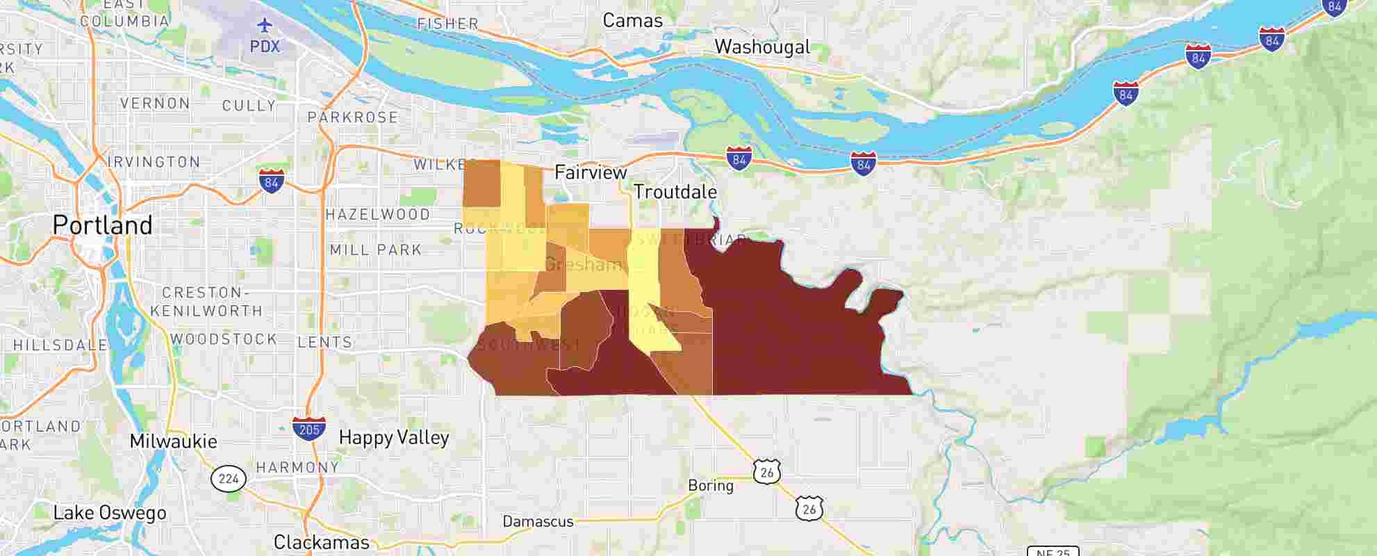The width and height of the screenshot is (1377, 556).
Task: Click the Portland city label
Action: [x=102, y=225]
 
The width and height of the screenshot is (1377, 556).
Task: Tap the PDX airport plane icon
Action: [x=265, y=26]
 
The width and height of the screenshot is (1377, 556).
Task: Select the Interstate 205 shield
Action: [x=308, y=428]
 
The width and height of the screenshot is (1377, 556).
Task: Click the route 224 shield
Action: [x=229, y=478]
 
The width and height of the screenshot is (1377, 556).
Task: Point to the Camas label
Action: [x=632, y=21]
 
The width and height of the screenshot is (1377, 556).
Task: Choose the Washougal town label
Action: [x=762, y=47]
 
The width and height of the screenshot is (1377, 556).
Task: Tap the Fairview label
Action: [x=591, y=172]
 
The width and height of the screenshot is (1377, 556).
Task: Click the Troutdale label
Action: [x=675, y=192]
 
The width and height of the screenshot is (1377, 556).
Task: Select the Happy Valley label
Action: [x=393, y=437]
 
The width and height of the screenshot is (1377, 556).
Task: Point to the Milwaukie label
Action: [x=173, y=441]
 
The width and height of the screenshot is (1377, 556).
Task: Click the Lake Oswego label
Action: [x=110, y=513]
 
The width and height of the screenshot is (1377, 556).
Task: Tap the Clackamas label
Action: [x=321, y=542]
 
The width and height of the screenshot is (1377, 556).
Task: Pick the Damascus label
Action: [x=538, y=521]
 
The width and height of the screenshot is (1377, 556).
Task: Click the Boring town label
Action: [x=710, y=485]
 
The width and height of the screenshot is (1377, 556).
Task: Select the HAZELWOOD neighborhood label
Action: [x=378, y=215]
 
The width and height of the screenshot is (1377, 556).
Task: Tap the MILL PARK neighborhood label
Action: [x=376, y=250]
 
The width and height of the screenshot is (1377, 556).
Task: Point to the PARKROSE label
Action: [x=353, y=117]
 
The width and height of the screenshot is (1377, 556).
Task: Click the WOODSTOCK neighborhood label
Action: [x=224, y=339]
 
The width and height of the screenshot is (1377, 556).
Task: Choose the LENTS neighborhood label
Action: [x=325, y=342]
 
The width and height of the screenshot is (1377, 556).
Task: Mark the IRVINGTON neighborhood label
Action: [x=154, y=162]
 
